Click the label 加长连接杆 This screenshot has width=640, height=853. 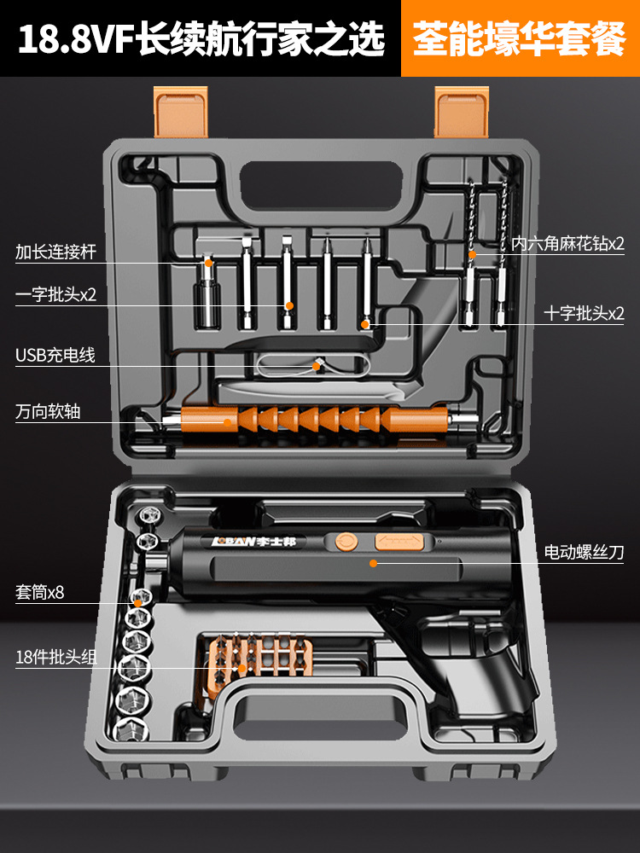(x=56, y=252)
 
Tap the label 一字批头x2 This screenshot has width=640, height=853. (x=56, y=295)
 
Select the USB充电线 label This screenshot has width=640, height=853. (x=55, y=355)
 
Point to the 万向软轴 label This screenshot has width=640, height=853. (x=48, y=410)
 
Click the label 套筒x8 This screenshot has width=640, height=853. (x=39, y=592)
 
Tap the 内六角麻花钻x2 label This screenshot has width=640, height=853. (x=568, y=243)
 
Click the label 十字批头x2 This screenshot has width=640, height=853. (x=585, y=313)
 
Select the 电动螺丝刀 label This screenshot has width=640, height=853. (x=585, y=553)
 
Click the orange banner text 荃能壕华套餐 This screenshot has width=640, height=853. (x=520, y=39)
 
